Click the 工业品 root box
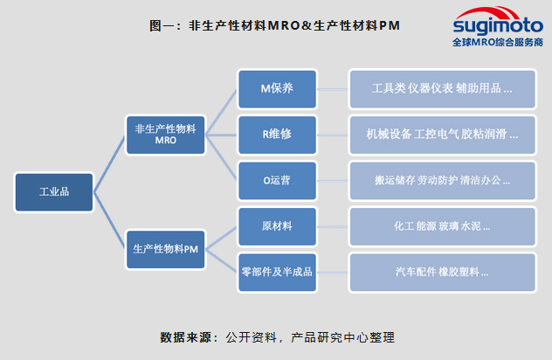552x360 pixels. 53,192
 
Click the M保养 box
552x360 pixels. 277,89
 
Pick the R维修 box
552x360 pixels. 277,135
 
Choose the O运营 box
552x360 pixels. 277,180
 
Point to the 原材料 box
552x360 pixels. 277,226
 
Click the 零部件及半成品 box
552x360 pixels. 277,272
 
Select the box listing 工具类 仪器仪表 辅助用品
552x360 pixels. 442,89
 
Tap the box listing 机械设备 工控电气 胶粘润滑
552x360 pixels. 442,135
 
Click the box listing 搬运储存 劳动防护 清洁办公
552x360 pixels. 442,180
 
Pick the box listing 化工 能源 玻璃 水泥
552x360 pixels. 442,226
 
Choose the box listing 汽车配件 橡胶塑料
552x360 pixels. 442,272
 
